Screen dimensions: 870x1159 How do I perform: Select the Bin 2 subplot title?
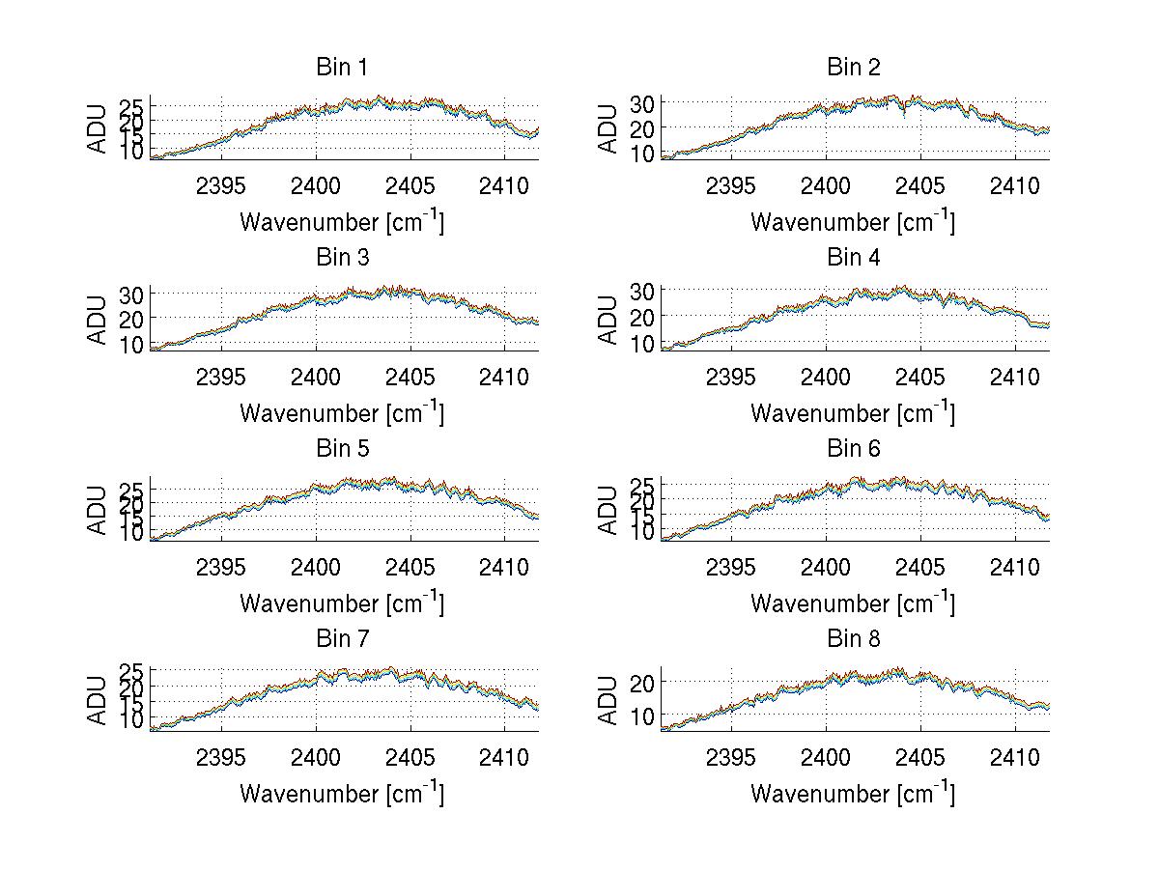tap(854, 68)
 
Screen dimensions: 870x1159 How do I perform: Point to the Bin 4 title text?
tap(854, 258)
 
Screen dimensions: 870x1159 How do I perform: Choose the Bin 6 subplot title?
tap(854, 449)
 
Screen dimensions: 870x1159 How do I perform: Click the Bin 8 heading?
tap(854, 639)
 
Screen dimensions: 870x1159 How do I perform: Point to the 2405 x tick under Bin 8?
tap(920, 756)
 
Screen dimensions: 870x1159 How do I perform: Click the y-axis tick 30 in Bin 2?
tap(642, 102)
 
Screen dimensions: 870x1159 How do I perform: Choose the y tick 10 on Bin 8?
tap(642, 716)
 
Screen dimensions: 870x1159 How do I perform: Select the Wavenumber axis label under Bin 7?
tap(342, 793)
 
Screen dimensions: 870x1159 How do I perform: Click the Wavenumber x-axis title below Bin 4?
tap(853, 412)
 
